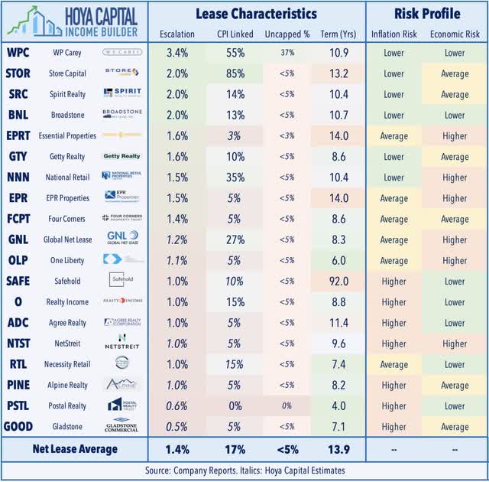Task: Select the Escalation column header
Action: click(x=177, y=34)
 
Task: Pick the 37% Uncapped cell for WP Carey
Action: click(x=285, y=53)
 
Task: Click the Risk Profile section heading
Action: click(x=426, y=13)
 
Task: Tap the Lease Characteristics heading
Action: click(x=255, y=13)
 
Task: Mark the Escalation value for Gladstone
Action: click(x=177, y=426)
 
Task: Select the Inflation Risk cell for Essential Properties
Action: click(x=394, y=135)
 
